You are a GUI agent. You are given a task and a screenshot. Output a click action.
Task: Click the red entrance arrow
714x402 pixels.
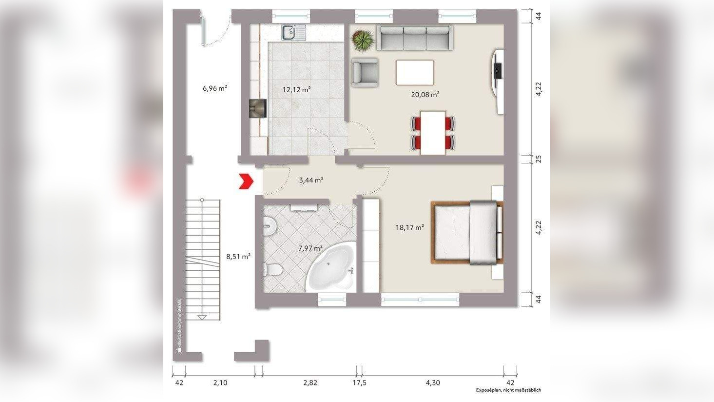point(246,181)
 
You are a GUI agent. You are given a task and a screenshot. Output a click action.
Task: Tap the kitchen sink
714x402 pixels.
point(293,33)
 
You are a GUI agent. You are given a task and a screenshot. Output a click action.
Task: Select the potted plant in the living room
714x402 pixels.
point(363,40)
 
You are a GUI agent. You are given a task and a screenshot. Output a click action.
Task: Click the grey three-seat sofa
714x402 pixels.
point(415,38)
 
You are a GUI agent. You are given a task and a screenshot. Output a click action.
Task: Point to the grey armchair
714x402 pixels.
point(365,72)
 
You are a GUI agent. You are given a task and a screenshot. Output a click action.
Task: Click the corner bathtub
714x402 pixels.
point(332,267)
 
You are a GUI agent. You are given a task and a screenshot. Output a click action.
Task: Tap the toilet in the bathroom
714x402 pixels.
point(271,270)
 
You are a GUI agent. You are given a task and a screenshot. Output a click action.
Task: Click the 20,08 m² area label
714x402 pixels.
point(425,95)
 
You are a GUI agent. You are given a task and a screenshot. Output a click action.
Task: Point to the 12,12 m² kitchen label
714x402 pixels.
point(296,90)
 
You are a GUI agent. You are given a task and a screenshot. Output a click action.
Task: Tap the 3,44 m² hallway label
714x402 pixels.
point(311,180)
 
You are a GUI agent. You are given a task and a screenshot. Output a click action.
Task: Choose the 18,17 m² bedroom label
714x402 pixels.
point(409,227)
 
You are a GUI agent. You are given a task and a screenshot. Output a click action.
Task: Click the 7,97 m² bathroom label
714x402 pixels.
point(310,248)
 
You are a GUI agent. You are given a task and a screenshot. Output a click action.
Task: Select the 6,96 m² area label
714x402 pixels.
point(215,88)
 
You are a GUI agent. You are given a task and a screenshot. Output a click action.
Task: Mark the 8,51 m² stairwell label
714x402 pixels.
point(238,256)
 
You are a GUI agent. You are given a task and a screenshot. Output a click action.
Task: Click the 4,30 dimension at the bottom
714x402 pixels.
point(433,383)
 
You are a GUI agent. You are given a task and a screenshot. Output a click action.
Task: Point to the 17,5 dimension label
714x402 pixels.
point(359,383)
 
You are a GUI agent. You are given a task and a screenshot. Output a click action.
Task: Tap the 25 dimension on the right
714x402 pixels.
point(539,159)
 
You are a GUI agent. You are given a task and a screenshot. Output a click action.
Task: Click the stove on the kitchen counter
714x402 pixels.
point(257,108)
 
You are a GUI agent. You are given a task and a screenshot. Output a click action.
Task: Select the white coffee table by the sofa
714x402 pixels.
point(415,73)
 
